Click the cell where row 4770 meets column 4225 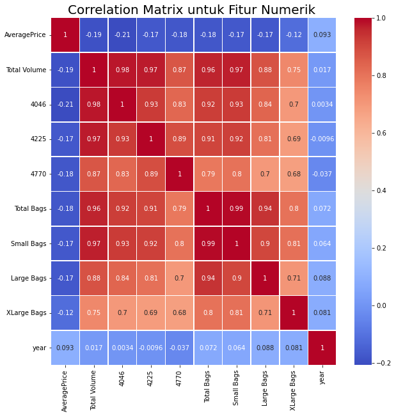click(x=151, y=174)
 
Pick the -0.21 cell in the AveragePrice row click(x=122, y=35)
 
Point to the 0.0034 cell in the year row click(x=122, y=348)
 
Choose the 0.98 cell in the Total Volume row click(x=122, y=70)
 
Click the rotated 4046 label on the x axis click(x=122, y=378)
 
